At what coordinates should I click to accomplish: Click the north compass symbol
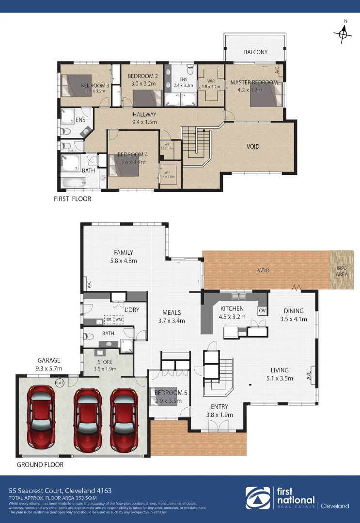[343, 33]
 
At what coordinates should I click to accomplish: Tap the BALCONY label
[255, 52]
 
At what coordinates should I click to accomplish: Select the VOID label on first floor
[253, 147]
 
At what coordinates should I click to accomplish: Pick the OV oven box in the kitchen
[262, 310]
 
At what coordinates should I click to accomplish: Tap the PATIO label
[263, 270]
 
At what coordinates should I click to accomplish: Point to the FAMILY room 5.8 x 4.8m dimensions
[124, 261]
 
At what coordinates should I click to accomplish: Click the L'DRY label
[132, 309]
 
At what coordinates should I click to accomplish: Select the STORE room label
[105, 362]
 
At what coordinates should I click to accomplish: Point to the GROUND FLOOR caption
[40, 464]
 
